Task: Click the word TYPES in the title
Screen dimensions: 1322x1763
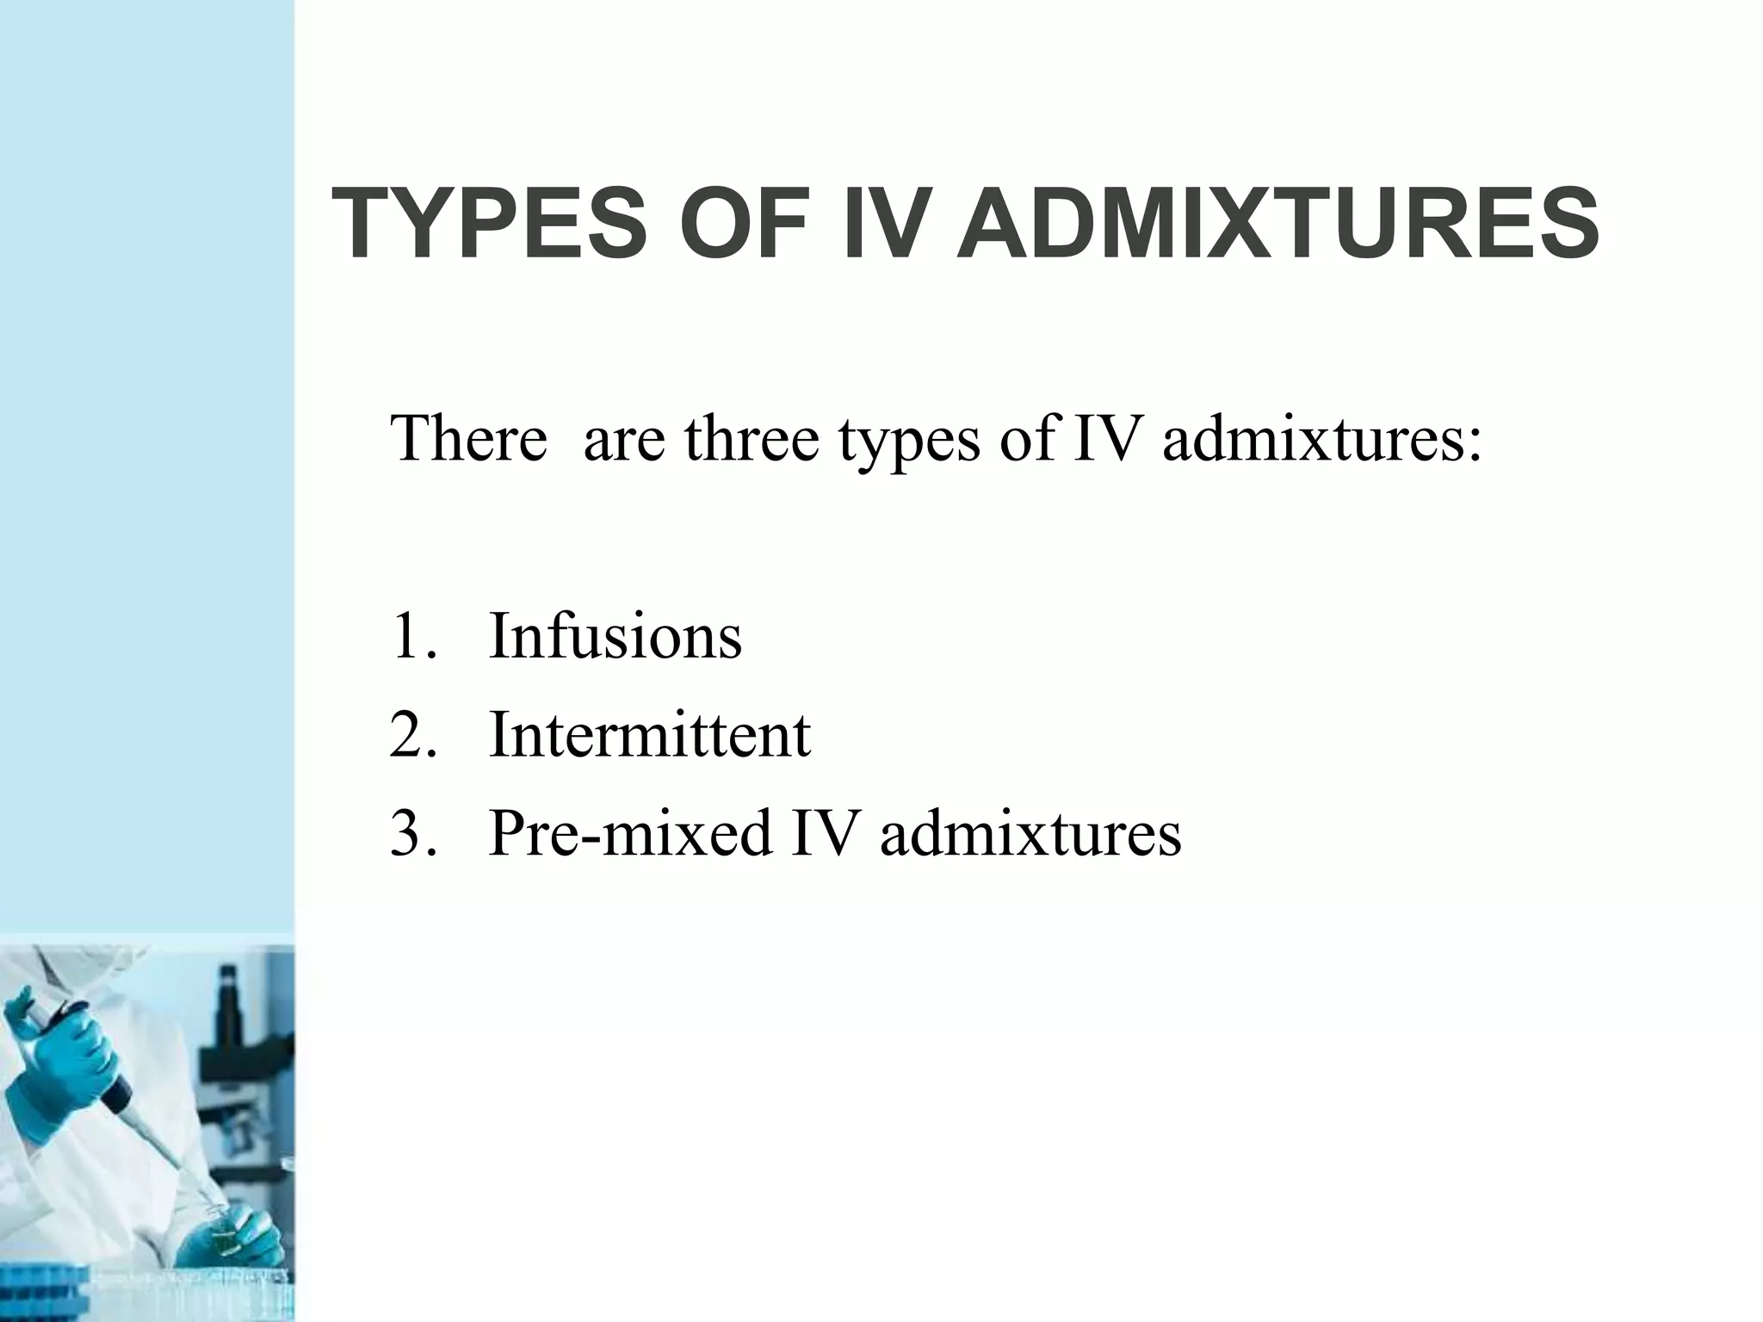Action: (487, 224)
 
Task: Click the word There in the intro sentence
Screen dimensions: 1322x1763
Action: (468, 438)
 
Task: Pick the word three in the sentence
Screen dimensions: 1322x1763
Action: (752, 438)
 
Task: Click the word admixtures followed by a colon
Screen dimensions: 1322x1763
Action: (1321, 438)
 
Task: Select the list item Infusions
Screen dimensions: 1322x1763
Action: (615, 636)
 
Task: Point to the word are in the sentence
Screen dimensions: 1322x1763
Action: (624, 440)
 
